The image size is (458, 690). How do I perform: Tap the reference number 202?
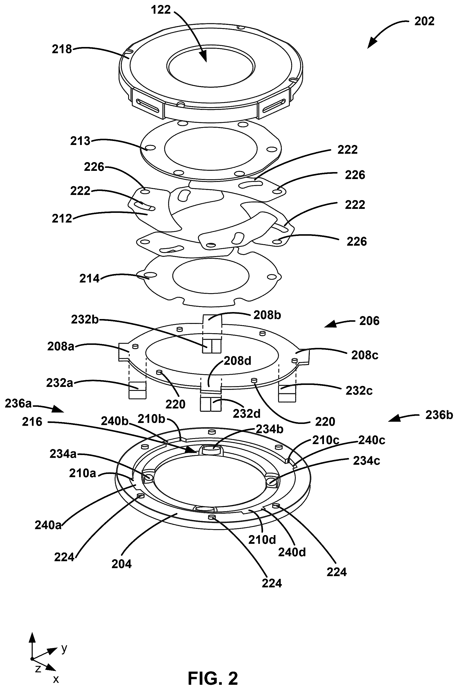pos(424,21)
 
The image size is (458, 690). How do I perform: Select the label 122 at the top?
pos(161,10)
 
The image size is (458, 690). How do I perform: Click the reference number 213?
pos(80,141)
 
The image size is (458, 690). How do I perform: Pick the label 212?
pos(62,219)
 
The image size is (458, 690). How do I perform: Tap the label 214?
pos(89,279)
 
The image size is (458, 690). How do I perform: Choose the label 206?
pos(369,321)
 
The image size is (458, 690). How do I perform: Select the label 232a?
pos(60,383)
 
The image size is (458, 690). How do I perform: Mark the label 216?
pos(32,422)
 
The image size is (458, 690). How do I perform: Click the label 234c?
pos(366,461)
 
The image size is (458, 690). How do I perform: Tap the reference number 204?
pos(122,564)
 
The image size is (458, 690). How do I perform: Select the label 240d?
pos(292,552)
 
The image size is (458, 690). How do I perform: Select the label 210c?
pos(326,440)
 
